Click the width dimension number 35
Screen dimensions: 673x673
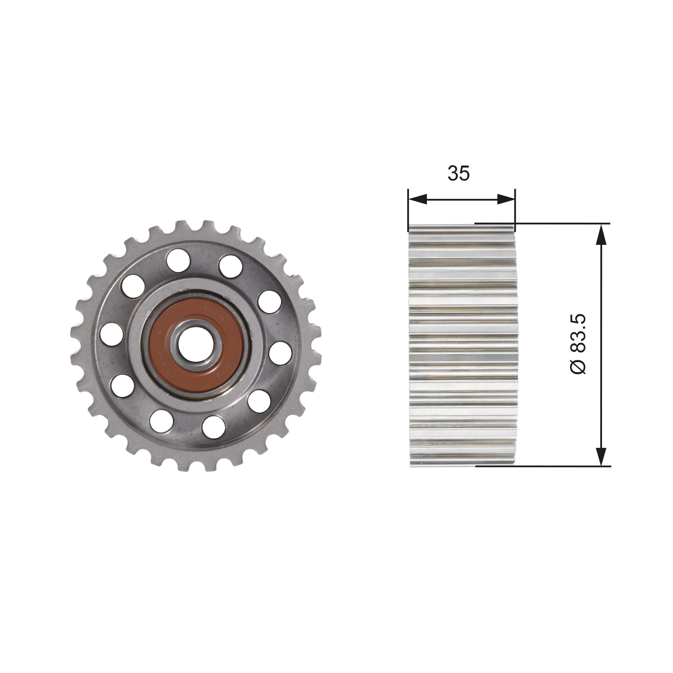point(458,174)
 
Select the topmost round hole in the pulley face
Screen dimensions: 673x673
point(178,260)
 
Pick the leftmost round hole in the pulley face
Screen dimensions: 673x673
point(111,334)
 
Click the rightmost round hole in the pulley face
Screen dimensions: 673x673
point(280,353)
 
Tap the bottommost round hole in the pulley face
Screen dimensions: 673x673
point(213,427)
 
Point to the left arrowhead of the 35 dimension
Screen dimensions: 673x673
point(417,199)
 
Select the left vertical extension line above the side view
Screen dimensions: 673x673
point(408,209)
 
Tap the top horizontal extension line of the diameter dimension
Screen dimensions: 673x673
point(557,223)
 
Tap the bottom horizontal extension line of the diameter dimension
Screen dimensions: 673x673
point(557,466)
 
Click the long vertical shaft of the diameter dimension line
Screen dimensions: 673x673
point(601,345)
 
